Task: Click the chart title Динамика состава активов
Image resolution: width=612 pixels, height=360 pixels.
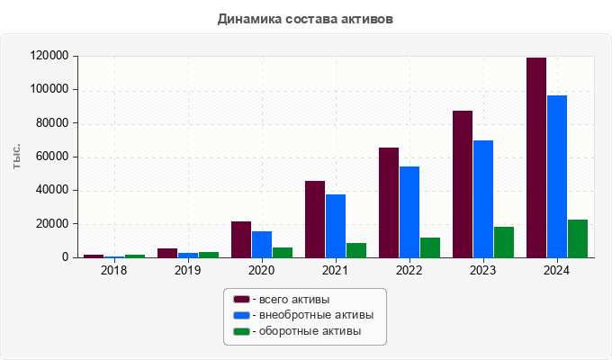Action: (x=305, y=18)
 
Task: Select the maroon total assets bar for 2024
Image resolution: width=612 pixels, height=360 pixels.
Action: (x=536, y=157)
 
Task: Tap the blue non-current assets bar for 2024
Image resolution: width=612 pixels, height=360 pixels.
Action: (x=557, y=176)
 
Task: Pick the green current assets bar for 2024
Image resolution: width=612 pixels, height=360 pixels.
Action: (x=578, y=238)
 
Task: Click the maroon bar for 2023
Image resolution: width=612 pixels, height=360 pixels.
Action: (x=463, y=184)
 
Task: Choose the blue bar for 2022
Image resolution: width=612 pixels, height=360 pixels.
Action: (x=409, y=211)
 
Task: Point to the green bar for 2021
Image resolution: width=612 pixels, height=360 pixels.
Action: (x=356, y=250)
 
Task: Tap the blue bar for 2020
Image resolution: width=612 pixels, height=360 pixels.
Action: (x=262, y=244)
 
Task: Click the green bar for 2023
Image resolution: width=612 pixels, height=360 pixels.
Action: (x=504, y=242)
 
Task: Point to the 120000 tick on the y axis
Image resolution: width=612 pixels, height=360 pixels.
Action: (x=49, y=56)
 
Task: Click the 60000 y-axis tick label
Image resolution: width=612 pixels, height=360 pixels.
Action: (x=52, y=157)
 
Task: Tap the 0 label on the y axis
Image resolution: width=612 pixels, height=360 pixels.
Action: (x=65, y=257)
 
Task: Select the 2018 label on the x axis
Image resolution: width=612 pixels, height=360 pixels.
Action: (x=114, y=270)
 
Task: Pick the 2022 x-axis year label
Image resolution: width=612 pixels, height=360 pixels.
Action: (x=409, y=270)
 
